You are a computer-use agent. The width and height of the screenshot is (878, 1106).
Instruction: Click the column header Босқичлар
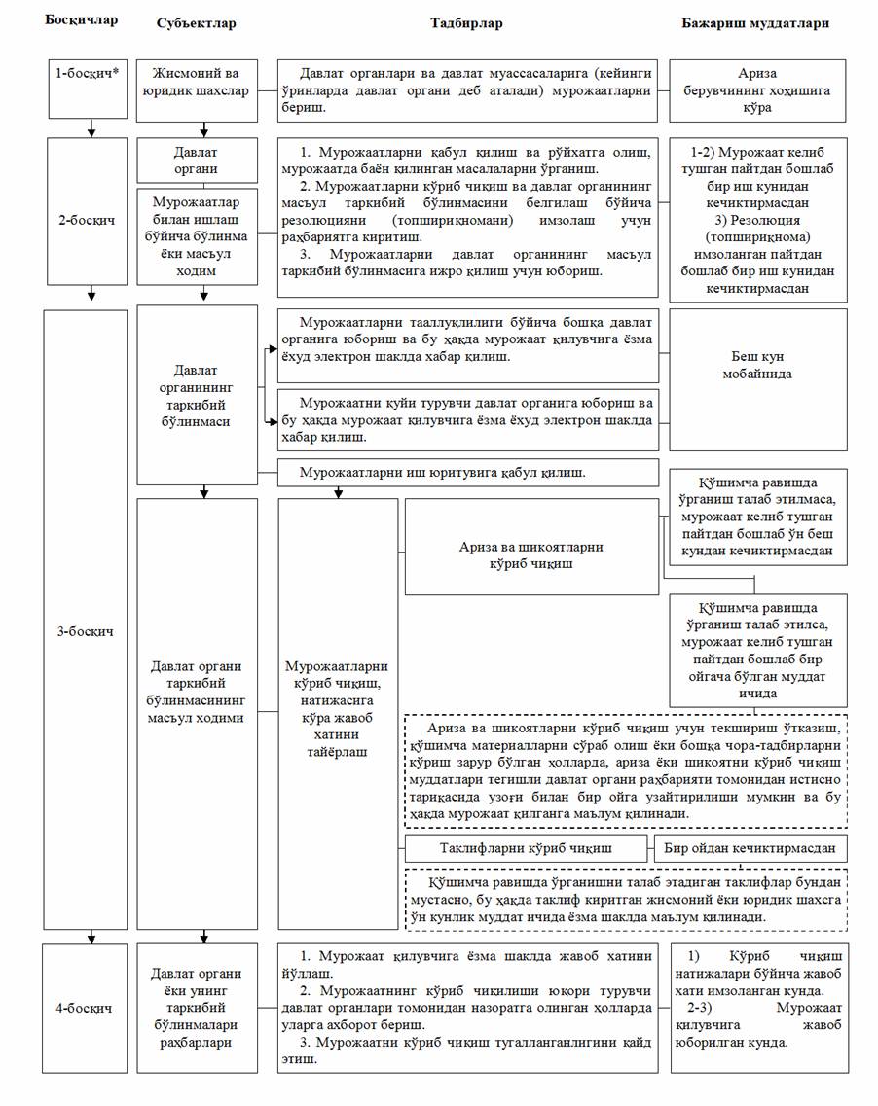pyautogui.click(x=81, y=20)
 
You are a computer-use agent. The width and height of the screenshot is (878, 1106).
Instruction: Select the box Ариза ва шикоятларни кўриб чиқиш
pyautogui.click(x=530, y=554)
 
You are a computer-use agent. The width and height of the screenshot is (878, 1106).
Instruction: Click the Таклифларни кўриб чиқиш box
pyautogui.click(x=527, y=847)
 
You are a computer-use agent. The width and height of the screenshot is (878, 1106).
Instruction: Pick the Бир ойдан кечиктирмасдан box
pyautogui.click(x=750, y=847)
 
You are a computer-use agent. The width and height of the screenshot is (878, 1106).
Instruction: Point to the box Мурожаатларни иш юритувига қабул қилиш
pyautogui.click(x=468, y=473)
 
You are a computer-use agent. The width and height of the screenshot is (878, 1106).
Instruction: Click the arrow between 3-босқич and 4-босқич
pyautogui.click(x=90, y=935)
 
